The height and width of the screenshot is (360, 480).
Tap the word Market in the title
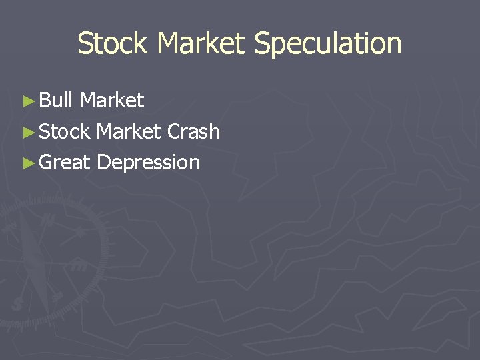click(202, 43)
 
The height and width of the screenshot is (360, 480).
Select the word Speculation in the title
click(327, 43)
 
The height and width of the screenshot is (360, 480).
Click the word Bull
click(55, 100)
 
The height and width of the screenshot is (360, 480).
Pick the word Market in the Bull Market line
click(111, 100)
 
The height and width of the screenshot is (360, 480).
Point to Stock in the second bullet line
click(64, 131)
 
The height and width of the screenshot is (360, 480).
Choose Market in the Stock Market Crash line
click(129, 131)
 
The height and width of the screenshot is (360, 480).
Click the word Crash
click(193, 131)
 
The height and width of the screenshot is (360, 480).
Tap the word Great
click(64, 162)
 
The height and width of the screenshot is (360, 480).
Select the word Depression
click(148, 162)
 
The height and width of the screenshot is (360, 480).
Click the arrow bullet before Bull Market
click(27, 101)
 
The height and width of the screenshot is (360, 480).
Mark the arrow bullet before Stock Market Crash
click(27, 132)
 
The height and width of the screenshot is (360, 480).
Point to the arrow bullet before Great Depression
click(27, 163)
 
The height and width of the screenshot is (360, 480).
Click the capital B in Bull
click(44, 100)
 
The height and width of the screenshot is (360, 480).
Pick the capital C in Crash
click(173, 131)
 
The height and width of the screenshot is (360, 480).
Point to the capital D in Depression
click(102, 162)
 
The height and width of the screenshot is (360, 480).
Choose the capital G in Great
click(46, 162)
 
